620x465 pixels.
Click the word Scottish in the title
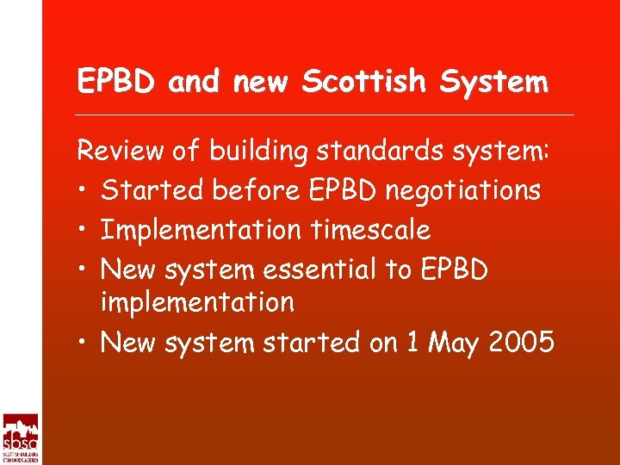pyautogui.click(x=364, y=82)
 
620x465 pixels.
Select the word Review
pyautogui.click(x=117, y=152)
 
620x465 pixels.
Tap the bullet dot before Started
pyautogui.click(x=84, y=191)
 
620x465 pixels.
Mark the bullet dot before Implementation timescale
pyautogui.click(x=84, y=230)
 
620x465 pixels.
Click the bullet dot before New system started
pyautogui.click(x=84, y=344)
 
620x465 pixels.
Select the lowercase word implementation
pyautogui.click(x=197, y=303)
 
